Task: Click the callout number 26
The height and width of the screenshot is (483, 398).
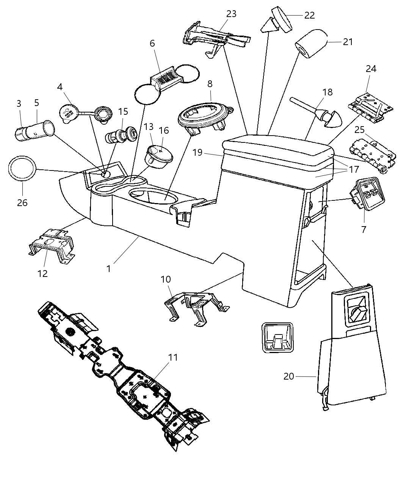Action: [22, 203]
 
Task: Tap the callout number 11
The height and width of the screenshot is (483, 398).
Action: [173, 357]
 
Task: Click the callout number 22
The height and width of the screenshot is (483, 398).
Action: [310, 15]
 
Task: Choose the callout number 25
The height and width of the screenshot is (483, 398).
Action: [359, 130]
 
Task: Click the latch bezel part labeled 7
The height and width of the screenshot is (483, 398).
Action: [364, 193]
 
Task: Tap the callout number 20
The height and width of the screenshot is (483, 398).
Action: [289, 377]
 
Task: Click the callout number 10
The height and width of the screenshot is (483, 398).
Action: [166, 280]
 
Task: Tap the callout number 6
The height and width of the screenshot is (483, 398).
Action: [152, 44]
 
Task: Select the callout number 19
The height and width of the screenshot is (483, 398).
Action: [197, 153]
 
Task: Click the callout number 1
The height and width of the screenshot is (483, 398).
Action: [109, 269]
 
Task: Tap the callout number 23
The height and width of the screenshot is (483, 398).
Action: [231, 14]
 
